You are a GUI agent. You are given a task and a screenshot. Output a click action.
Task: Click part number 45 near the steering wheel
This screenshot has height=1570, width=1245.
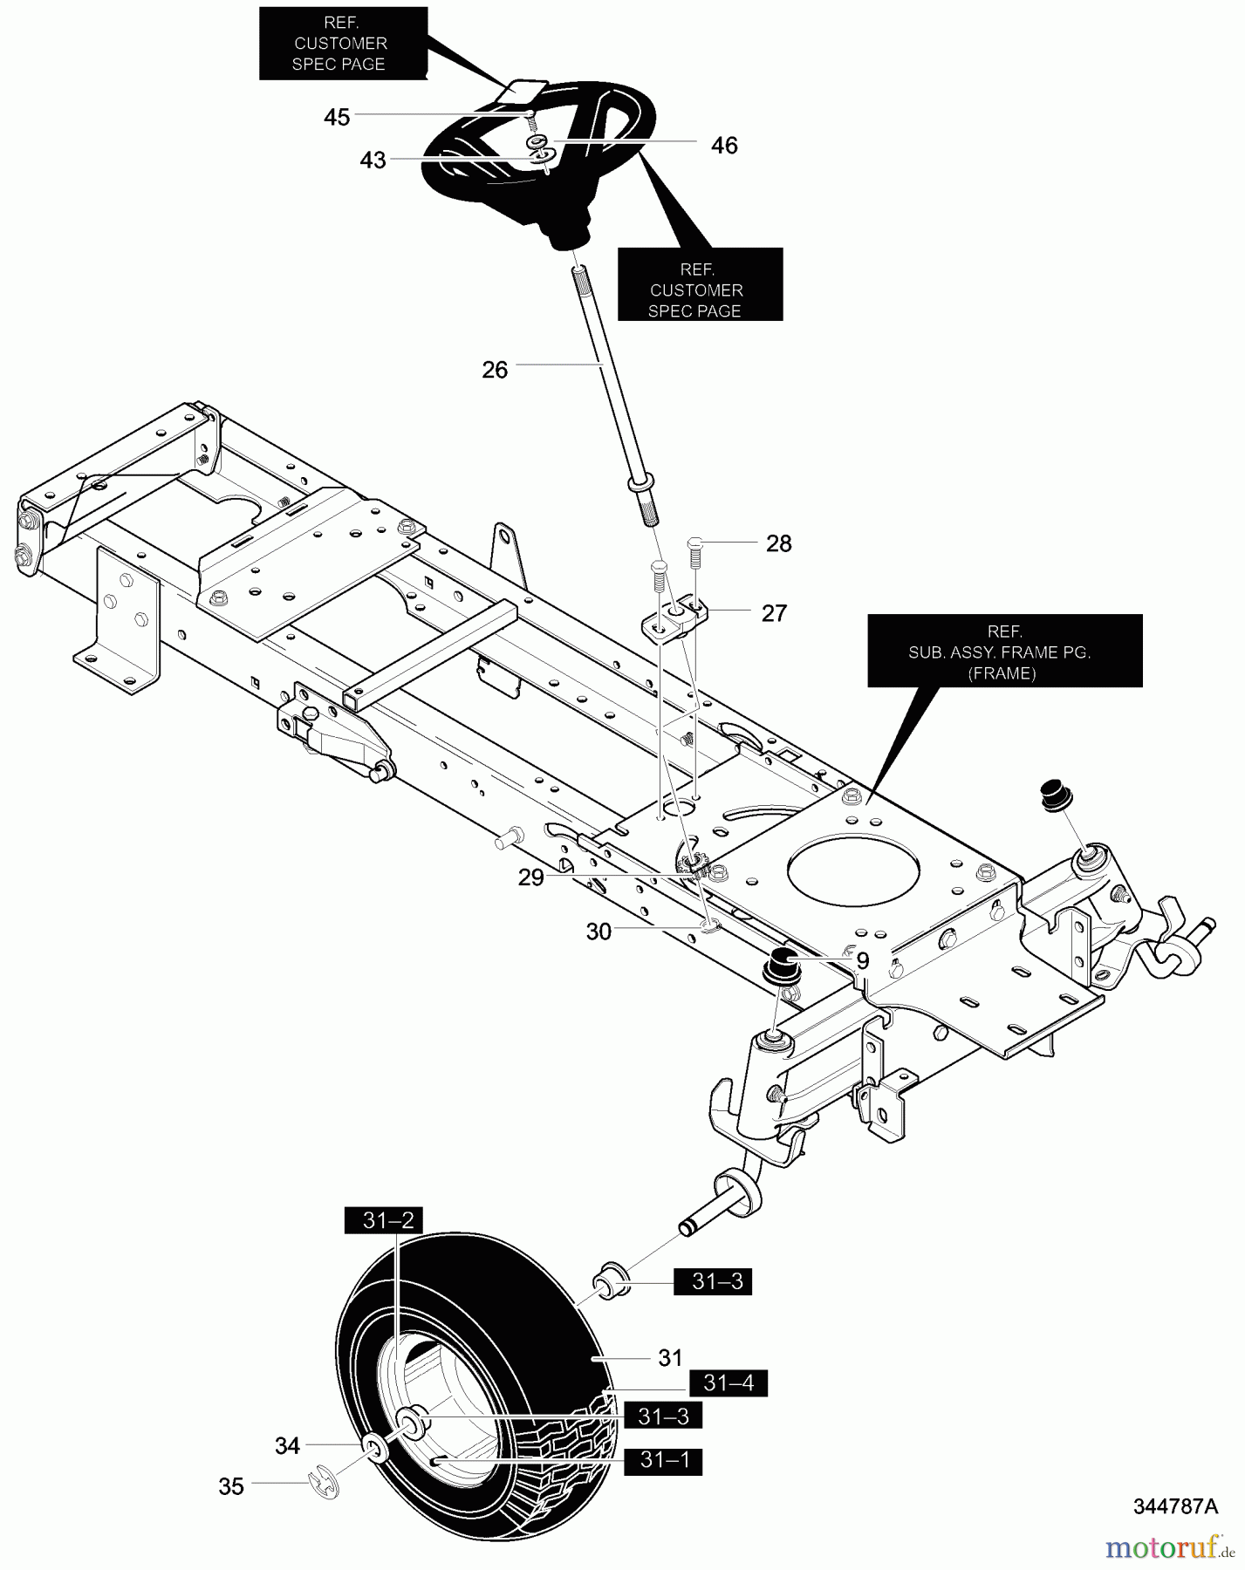(337, 117)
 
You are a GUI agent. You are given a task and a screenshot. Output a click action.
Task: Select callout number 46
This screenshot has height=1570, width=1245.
(724, 146)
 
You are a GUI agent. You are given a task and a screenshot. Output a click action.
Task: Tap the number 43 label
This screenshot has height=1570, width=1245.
(373, 160)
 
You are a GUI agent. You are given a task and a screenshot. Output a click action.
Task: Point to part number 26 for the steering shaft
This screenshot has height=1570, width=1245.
(495, 370)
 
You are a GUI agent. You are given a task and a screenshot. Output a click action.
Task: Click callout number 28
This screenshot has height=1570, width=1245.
(778, 543)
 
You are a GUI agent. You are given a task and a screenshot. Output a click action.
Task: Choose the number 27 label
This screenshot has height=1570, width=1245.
(774, 613)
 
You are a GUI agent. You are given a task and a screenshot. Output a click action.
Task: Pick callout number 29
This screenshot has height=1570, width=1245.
(530, 877)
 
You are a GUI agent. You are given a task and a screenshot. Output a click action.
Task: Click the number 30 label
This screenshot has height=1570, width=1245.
(599, 932)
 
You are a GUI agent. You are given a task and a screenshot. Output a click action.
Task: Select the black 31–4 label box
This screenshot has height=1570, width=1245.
(729, 1383)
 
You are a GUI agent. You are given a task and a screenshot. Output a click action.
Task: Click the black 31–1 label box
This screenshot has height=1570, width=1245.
(663, 1461)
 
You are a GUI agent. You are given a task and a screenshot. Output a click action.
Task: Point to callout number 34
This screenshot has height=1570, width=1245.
(287, 1446)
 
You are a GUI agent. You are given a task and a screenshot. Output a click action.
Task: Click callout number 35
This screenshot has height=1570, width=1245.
(231, 1486)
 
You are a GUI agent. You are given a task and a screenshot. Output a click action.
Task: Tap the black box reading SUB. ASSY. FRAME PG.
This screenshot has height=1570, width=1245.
(1005, 651)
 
